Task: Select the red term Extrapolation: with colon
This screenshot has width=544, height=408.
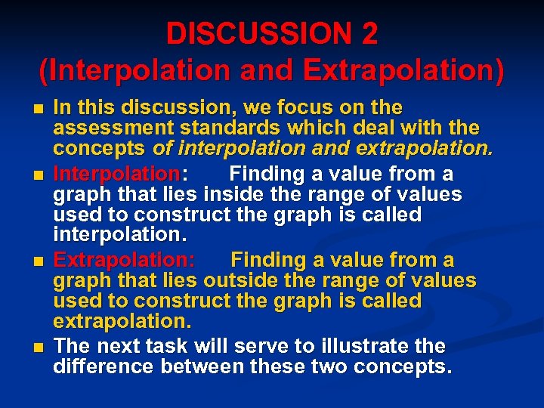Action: click(x=125, y=261)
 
